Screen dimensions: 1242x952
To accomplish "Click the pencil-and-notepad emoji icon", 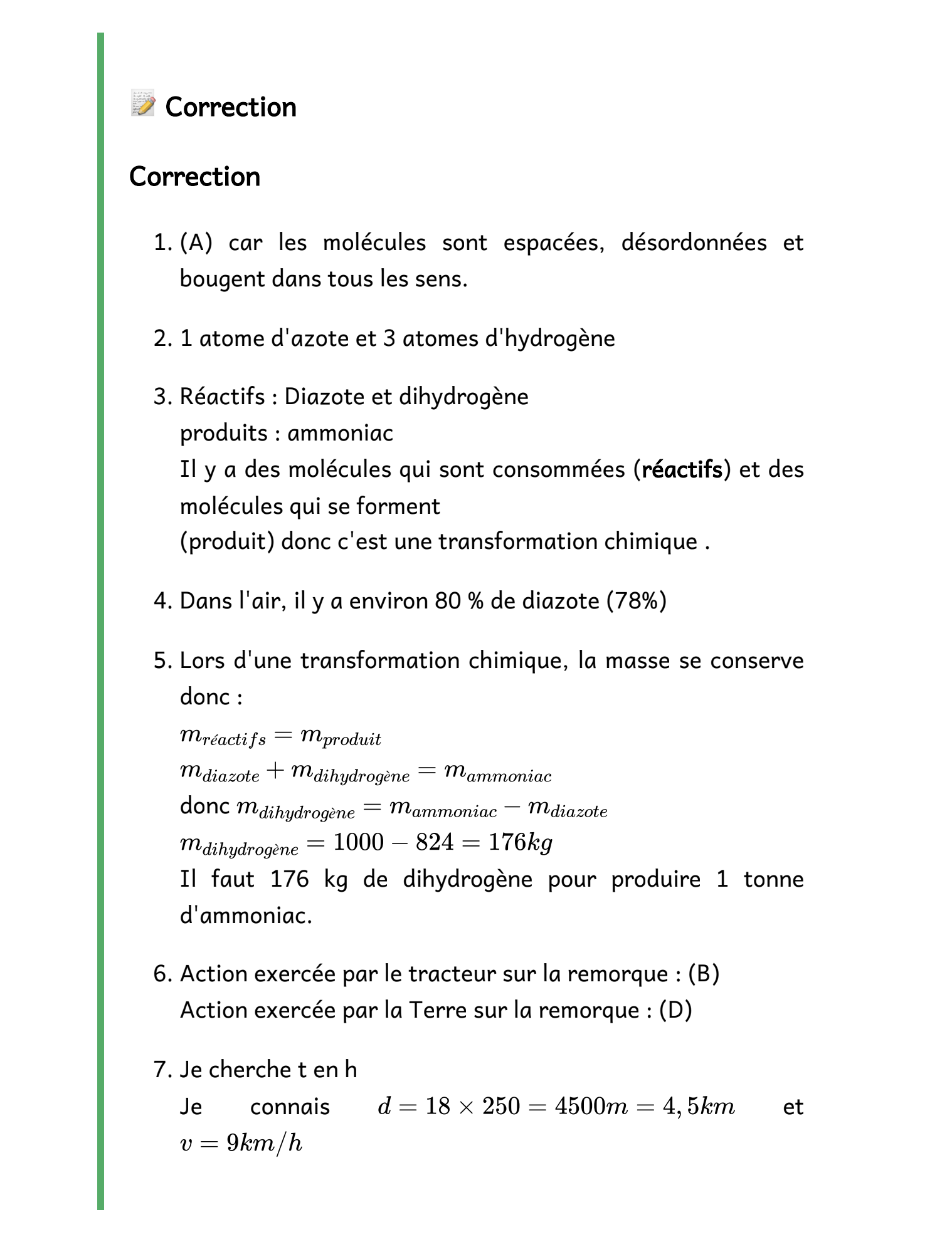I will click(x=143, y=103).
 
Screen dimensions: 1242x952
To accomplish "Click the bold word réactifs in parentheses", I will click(x=682, y=469).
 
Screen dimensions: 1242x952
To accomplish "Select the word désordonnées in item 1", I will click(x=694, y=243).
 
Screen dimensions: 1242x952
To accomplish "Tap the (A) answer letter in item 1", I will click(x=196, y=243).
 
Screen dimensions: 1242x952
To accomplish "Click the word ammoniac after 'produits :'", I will click(x=341, y=433).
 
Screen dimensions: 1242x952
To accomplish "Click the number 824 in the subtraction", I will click(x=435, y=842).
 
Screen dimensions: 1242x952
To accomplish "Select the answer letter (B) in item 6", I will click(x=704, y=974).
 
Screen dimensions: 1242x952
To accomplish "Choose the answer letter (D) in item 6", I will click(x=675, y=1010).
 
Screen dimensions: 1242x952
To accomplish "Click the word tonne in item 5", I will click(x=773, y=879).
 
